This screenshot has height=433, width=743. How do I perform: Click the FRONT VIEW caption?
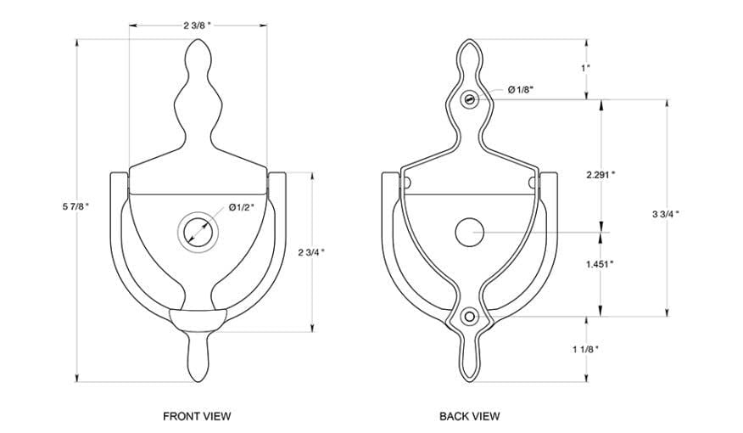[197, 416]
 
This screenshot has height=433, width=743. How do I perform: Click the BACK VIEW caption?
[469, 416]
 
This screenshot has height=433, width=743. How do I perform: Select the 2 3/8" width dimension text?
[197, 25]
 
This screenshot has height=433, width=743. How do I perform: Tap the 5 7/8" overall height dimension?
[74, 206]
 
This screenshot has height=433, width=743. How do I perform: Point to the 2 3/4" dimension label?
[312, 251]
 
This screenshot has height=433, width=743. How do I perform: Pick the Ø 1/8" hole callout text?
[521, 90]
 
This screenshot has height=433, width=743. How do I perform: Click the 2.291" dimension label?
[601, 174]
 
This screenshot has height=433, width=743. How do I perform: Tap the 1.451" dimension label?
[601, 263]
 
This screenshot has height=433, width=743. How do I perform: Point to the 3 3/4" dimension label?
[665, 214]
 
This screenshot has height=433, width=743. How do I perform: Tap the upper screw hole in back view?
[469, 100]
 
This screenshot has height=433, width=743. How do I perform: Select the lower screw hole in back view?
[469, 317]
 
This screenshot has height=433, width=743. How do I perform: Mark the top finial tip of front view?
[197, 42]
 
